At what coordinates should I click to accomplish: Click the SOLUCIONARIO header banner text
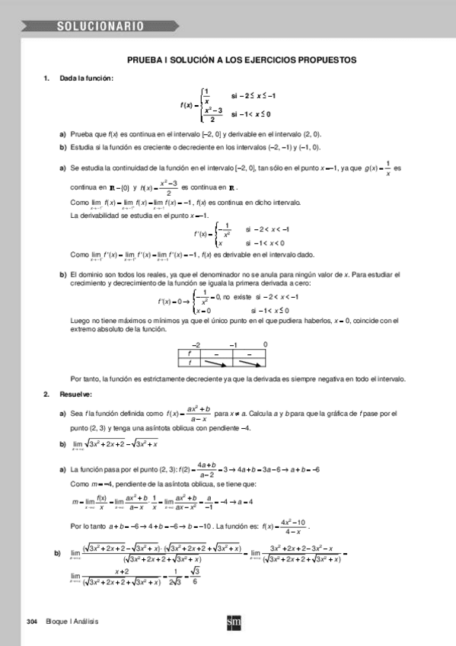[100, 27]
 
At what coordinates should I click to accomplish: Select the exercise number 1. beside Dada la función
[46, 78]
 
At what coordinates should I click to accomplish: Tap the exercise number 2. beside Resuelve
[46, 394]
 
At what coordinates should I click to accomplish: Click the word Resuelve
[76, 394]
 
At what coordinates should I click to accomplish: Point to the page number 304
[31, 622]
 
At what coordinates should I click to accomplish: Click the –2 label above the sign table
[196, 344]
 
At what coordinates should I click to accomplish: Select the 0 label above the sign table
[265, 344]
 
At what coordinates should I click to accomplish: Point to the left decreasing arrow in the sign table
[215, 363]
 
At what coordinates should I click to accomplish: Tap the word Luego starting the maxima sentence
[79, 320]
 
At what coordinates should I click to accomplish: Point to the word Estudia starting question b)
[82, 147]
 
